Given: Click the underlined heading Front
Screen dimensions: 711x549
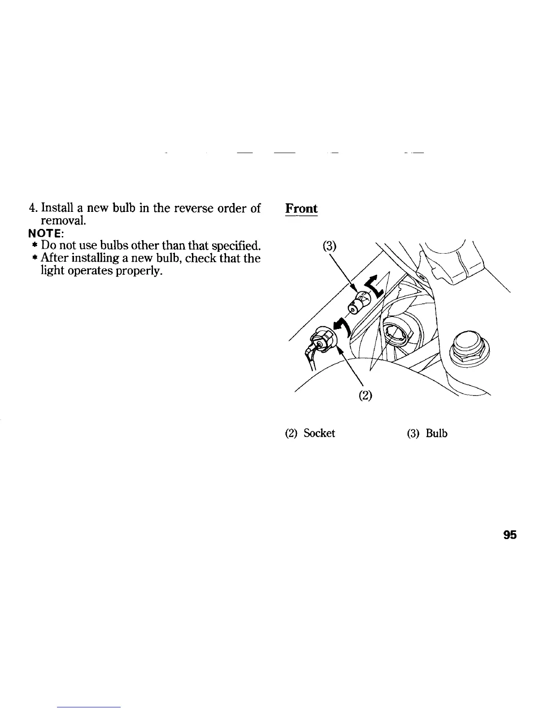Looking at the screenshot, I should coord(301,209).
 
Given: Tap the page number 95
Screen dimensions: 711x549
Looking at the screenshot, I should coord(510,535).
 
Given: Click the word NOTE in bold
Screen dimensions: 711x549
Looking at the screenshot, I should coord(46,234).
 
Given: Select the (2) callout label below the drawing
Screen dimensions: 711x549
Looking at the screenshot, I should coord(366,396).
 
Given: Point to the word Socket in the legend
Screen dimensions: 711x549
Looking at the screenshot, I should coord(319,434).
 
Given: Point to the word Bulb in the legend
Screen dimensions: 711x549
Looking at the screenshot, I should coord(437,434).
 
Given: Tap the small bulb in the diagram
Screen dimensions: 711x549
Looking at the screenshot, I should coord(358,303).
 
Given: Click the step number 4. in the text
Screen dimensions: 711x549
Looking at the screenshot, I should coord(32,209).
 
